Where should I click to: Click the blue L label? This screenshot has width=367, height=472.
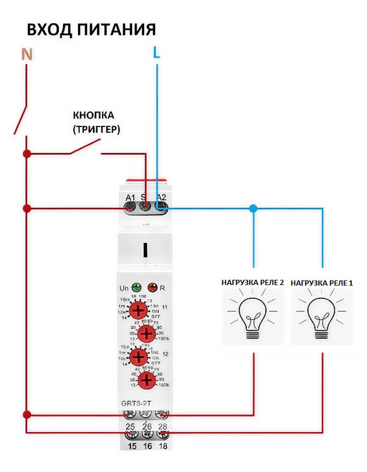(156, 53)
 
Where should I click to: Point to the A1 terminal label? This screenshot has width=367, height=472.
(130, 197)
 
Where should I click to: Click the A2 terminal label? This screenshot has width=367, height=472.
(161, 197)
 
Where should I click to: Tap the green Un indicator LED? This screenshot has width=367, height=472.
(137, 287)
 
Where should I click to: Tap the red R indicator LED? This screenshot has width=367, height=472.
(154, 287)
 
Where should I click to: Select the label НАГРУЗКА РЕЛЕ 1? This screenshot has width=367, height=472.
(322, 283)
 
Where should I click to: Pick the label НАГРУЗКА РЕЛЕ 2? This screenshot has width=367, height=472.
(253, 283)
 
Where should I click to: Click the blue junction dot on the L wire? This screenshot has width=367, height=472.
(254, 209)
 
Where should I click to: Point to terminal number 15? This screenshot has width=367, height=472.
(129, 446)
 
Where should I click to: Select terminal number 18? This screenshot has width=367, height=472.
(163, 446)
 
